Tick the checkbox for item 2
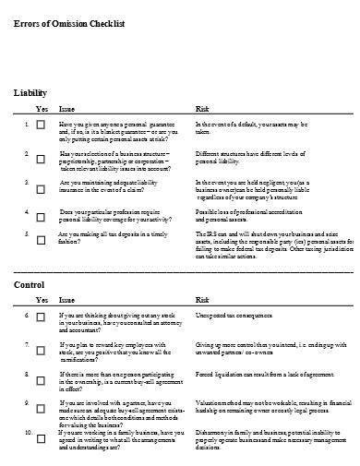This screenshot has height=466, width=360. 39,160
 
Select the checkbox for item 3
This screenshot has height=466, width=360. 39,187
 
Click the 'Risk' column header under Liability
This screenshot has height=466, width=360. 201,108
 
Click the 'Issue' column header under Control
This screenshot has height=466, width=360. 67,301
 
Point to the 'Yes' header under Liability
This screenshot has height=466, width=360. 41,108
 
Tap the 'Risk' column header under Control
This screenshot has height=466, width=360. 201,301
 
